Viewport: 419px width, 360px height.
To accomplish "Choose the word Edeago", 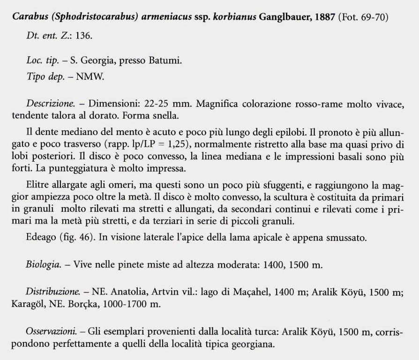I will pos(42,238).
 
